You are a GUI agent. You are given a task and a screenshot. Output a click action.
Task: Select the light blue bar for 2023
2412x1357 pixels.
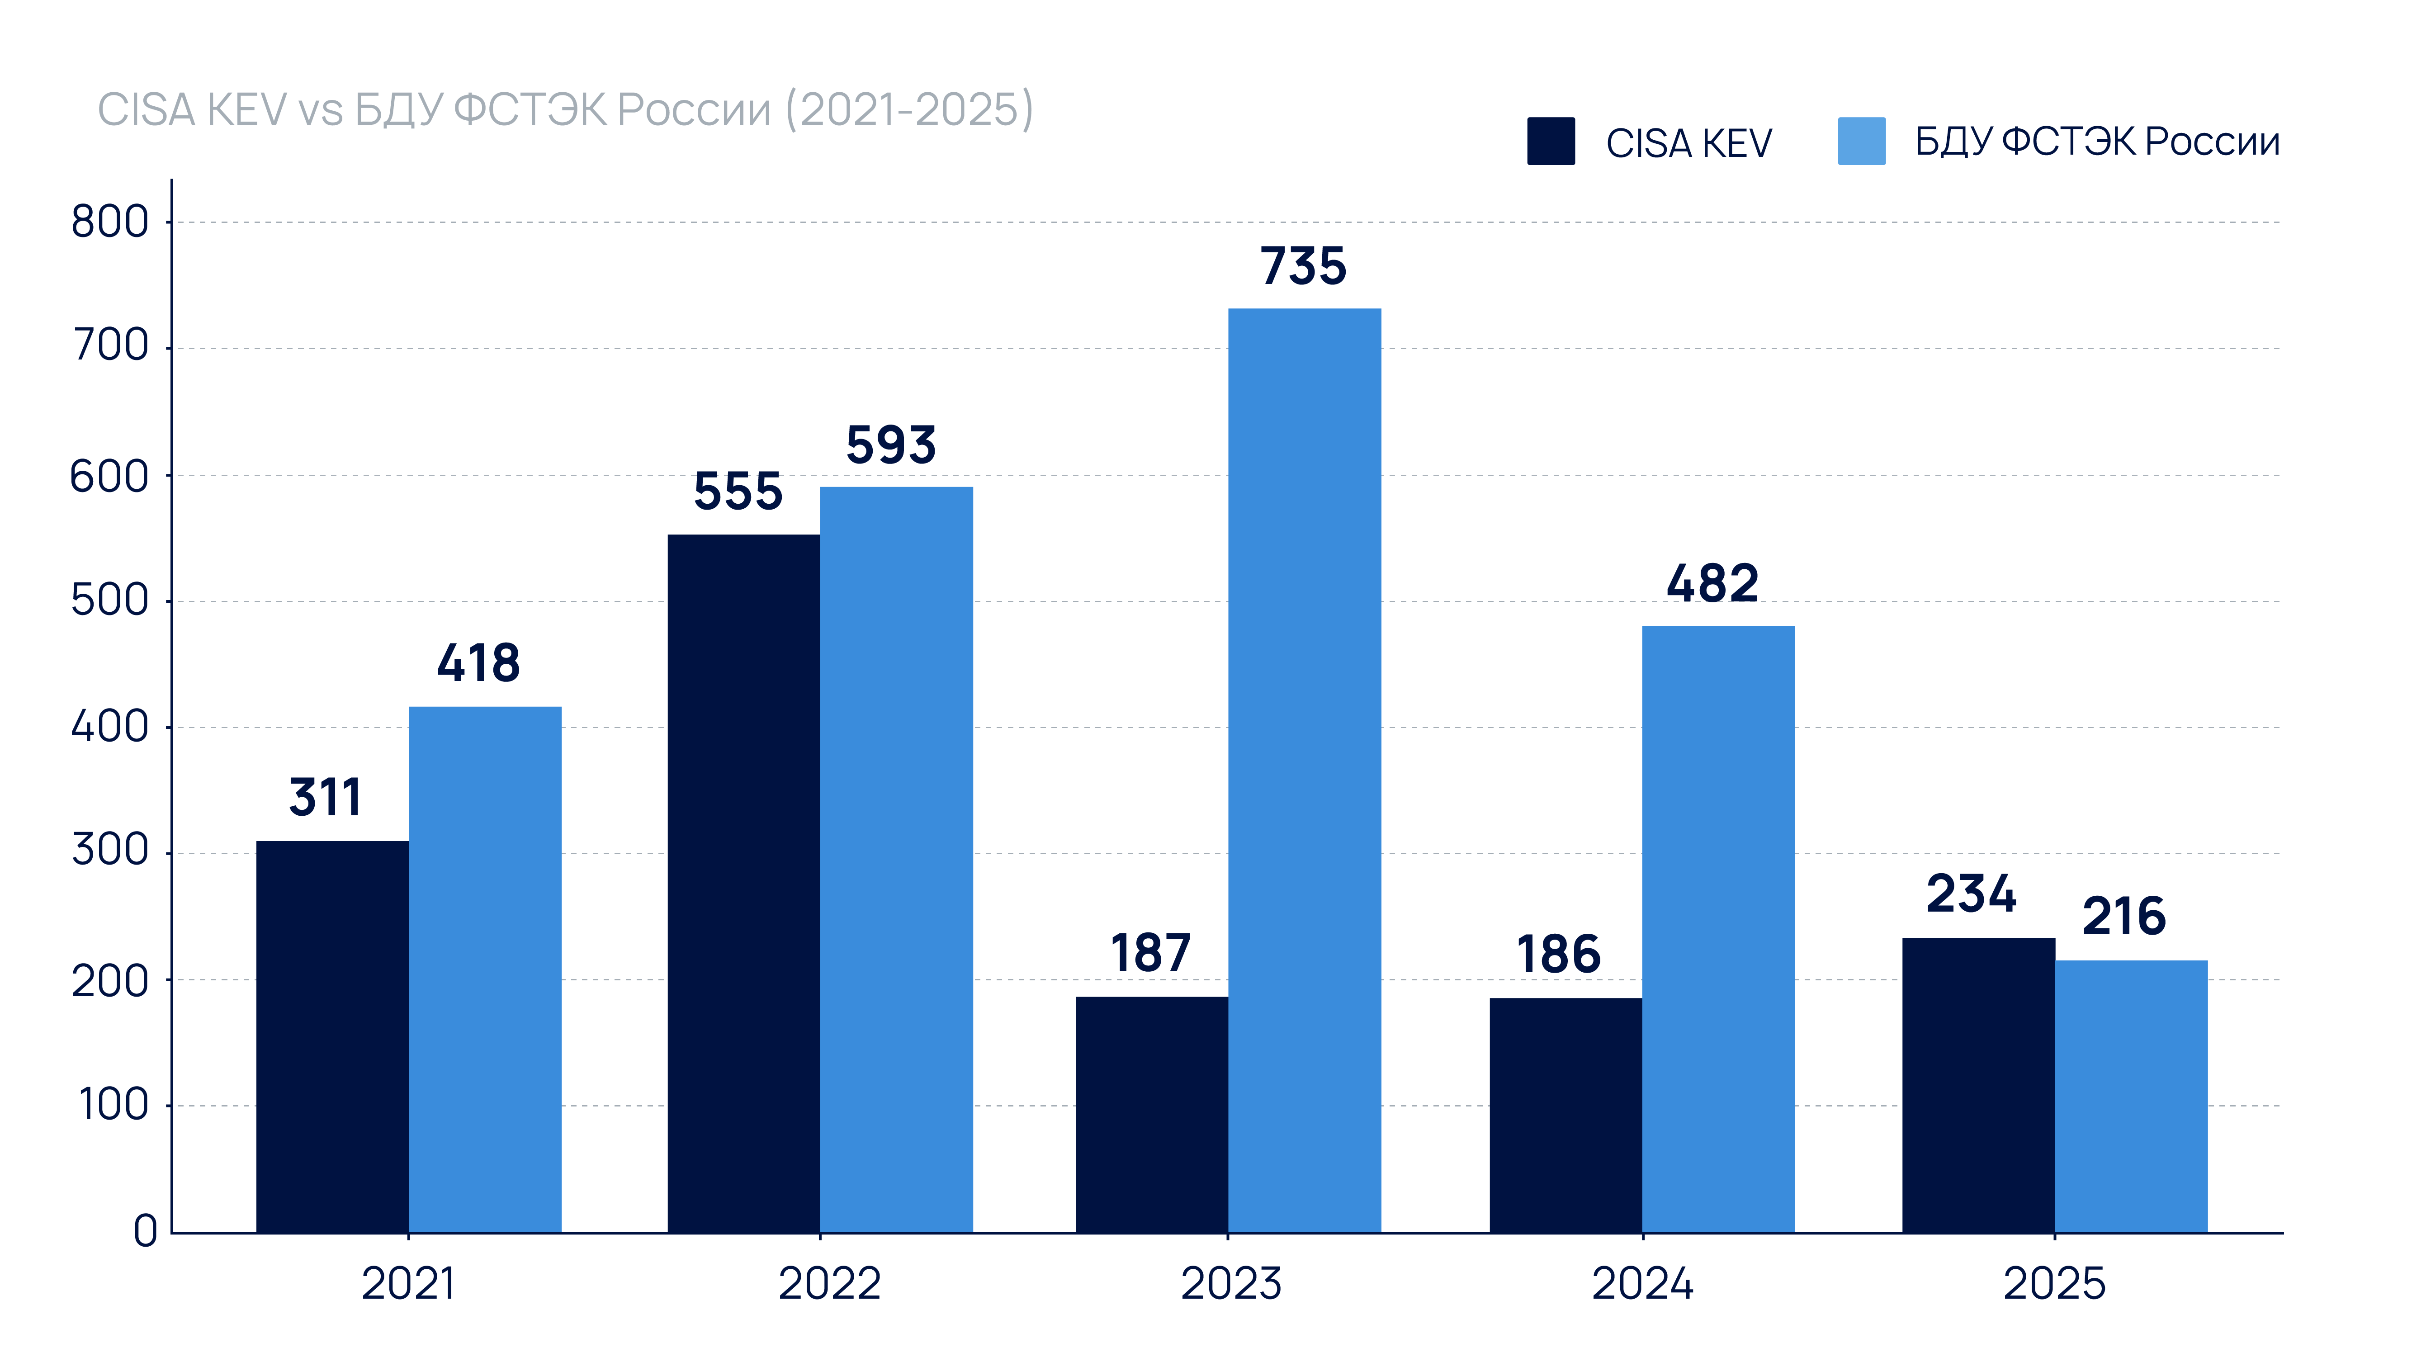[x=1304, y=770]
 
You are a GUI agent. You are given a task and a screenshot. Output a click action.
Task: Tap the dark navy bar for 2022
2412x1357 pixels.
[x=743, y=883]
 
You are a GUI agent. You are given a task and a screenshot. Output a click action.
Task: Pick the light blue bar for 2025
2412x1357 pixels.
[x=2131, y=1096]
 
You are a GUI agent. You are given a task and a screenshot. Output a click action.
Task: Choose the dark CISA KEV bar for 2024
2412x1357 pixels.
[x=1565, y=1115]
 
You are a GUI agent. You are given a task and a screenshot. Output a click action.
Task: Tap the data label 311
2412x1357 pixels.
[x=325, y=798]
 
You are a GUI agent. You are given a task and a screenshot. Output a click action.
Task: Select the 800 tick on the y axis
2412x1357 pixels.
[x=109, y=222]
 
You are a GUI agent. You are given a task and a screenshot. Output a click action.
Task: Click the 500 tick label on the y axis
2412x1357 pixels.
[x=109, y=600]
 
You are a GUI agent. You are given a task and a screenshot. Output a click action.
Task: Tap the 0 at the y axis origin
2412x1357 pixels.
[x=145, y=1230]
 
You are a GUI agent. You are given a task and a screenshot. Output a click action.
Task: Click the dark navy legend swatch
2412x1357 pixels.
[x=1551, y=142]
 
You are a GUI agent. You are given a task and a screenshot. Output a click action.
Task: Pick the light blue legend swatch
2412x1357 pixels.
[x=1861, y=142]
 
